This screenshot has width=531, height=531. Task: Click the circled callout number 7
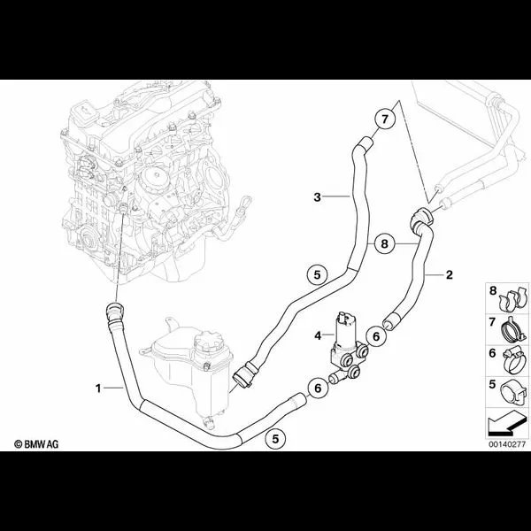pos(384,119)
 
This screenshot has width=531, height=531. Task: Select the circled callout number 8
pos(384,243)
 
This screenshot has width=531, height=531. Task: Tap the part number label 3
pos(317,196)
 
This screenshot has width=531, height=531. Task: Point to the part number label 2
pos(449,274)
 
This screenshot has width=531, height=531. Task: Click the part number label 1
pos(98,389)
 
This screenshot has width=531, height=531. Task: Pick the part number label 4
pos(318,335)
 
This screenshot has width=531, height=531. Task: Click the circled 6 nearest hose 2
pos(376,336)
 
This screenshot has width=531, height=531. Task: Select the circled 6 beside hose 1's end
pos(318,389)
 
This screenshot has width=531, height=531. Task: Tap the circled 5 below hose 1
pos(275,439)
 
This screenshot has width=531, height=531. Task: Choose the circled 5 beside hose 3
pos(317,274)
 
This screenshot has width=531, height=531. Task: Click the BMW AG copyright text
pos(36,444)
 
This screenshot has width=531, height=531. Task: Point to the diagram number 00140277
pos(507,444)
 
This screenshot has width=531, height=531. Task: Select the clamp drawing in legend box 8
pos(513,298)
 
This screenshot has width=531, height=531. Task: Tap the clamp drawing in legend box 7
pos(513,329)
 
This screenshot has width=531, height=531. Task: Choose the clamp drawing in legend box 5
pos(513,392)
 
